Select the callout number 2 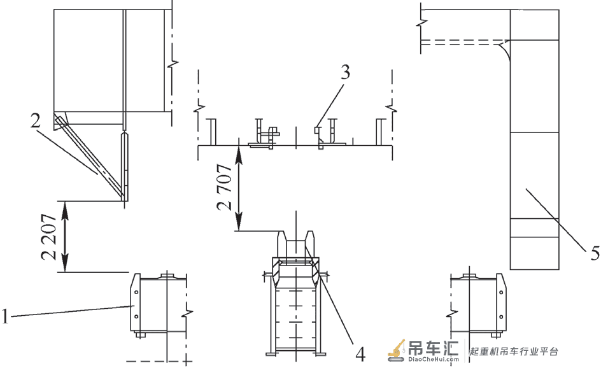35,121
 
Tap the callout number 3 345,72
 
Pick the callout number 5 595,254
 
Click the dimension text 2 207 49,237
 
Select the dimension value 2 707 224,187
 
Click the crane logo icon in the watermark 397,350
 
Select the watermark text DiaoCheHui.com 434,359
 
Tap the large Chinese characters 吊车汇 434,348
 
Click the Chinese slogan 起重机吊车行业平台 514,351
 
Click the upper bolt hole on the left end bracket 136,292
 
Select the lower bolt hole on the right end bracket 501,316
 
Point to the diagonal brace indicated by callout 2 91,159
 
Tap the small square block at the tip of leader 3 316,131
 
